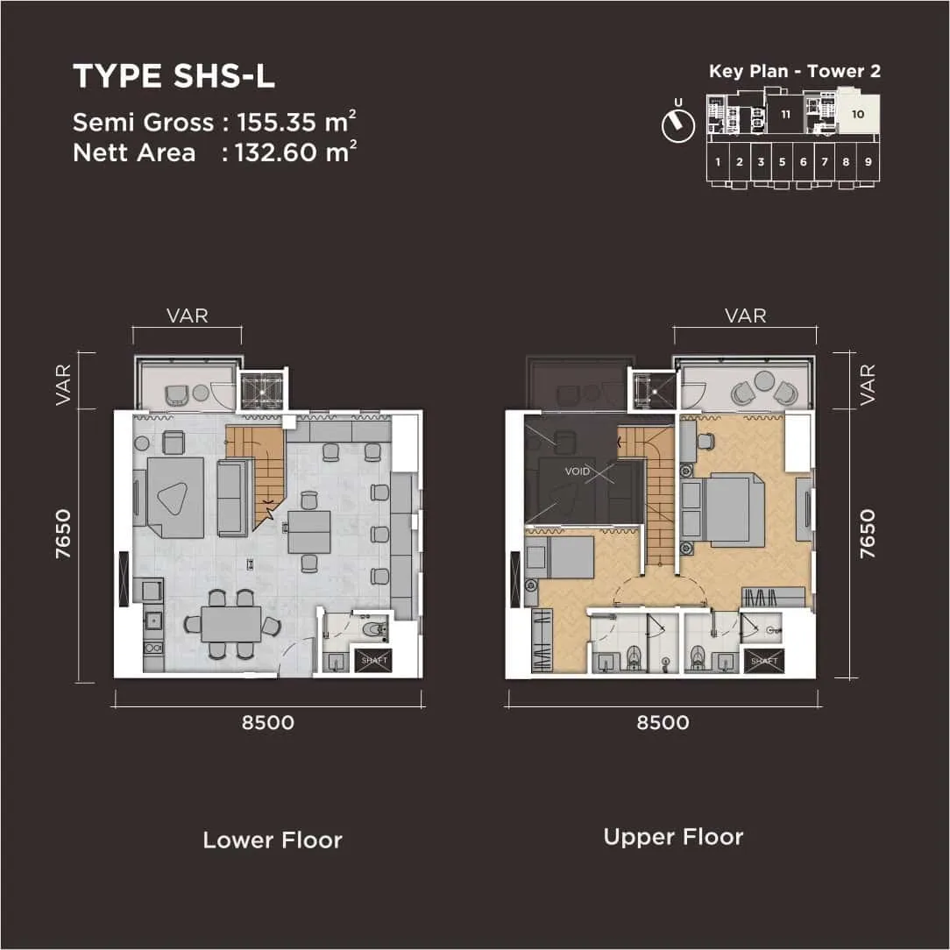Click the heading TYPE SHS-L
pyautogui.click(x=174, y=76)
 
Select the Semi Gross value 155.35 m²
pyautogui.click(x=296, y=122)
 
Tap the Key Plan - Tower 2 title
pyautogui.click(x=794, y=72)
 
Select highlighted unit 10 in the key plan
pyautogui.click(x=857, y=114)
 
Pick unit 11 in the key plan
pyautogui.click(x=786, y=114)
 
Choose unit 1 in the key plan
pyautogui.click(x=718, y=161)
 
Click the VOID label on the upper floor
pyautogui.click(x=578, y=471)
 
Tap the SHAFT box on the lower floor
pyautogui.click(x=374, y=660)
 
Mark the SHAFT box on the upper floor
pyautogui.click(x=764, y=660)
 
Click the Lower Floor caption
pyautogui.click(x=273, y=840)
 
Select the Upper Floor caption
pyautogui.click(x=673, y=837)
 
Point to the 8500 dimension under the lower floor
pyautogui.click(x=267, y=723)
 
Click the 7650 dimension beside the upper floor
pyautogui.click(x=867, y=533)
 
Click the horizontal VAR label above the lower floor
pyautogui.click(x=188, y=315)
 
